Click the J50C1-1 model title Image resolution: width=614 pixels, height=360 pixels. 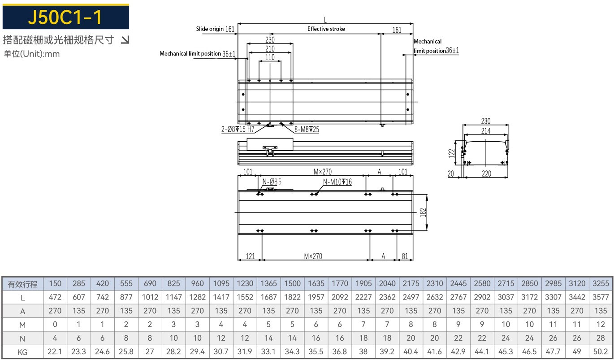pyautogui.click(x=65, y=17)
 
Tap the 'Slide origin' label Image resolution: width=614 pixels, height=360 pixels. pyautogui.click(x=209, y=29)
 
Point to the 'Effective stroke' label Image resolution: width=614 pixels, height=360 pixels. pyautogui.click(x=326, y=29)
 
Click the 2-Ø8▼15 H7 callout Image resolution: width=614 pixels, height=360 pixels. pyautogui.click(x=238, y=130)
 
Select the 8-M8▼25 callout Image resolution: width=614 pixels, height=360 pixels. pyautogui.click(x=307, y=130)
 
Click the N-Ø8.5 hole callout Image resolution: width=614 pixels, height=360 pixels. pyautogui.click(x=272, y=182)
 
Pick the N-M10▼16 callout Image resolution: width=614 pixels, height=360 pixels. pyautogui.click(x=337, y=182)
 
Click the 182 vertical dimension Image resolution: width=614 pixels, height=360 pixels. pyautogui.click(x=423, y=213)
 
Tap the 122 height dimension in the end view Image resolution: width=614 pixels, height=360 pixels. pyautogui.click(x=452, y=152)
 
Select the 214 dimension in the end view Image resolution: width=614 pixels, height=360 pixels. pyautogui.click(x=486, y=131)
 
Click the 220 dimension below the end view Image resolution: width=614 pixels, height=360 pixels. pyautogui.click(x=486, y=174)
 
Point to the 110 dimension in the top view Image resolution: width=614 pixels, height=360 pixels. pyautogui.click(x=270, y=57)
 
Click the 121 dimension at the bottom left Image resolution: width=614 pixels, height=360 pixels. pyautogui.click(x=250, y=256)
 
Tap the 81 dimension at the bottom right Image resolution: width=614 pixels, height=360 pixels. pyautogui.click(x=405, y=256)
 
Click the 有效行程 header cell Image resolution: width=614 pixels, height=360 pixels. pyautogui.click(x=22, y=284)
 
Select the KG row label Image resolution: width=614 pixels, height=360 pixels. pyautogui.click(x=22, y=352)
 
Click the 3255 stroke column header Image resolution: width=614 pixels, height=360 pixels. pyautogui.click(x=601, y=283)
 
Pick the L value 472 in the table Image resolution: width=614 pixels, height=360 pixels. pyautogui.click(x=55, y=297)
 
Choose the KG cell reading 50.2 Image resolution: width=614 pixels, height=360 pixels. pyautogui.click(x=601, y=352)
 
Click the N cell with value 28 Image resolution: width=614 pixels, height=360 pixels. pyautogui.click(x=601, y=338)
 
